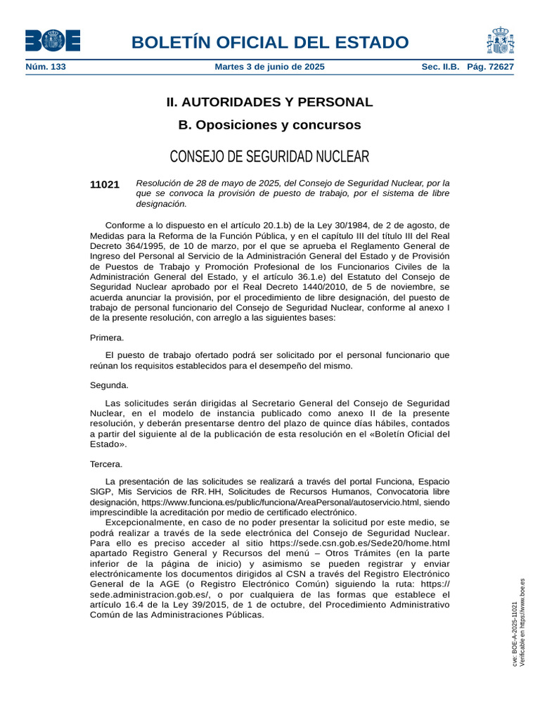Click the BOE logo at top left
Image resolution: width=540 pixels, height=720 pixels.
coord(52,41)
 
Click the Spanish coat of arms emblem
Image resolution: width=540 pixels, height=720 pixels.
coord(500,41)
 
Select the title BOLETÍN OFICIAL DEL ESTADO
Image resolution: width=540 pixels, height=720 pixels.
coord(269,42)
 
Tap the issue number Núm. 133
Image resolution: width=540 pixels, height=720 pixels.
coord(46,67)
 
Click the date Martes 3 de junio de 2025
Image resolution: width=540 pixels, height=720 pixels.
coord(269,67)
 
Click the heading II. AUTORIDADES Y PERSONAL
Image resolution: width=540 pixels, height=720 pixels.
coord(269,102)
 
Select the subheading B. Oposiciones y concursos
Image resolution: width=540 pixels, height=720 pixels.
coord(269,125)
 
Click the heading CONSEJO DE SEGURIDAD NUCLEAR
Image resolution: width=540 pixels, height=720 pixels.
coord(269,156)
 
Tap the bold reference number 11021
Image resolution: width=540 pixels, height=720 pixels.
coord(105,184)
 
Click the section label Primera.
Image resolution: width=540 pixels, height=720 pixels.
coord(107,337)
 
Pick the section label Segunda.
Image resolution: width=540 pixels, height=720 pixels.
coord(109,385)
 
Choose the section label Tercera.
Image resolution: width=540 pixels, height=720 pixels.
coord(106,464)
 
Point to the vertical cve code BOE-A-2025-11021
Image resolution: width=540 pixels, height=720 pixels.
coord(514,633)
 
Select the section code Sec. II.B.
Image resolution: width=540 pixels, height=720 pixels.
coord(440,67)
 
